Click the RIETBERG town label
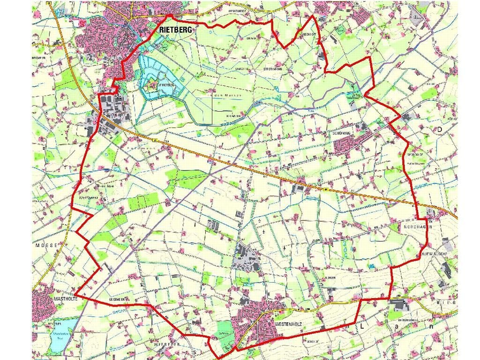tap(176, 29)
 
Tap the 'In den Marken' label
tap(224, 95)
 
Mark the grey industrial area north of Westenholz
tap(247, 257)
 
